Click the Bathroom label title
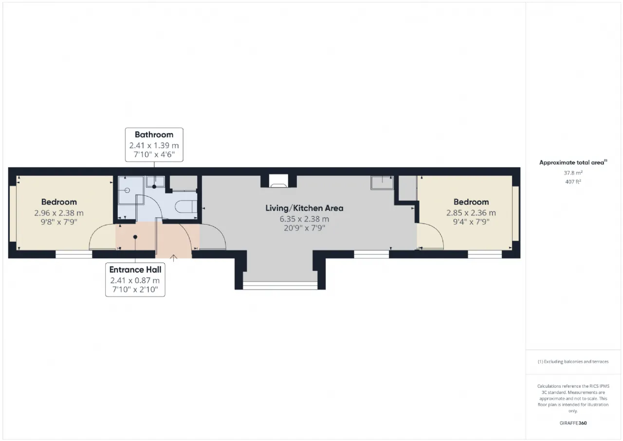[154, 135]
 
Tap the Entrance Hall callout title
[135, 269]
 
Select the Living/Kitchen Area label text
[304, 208]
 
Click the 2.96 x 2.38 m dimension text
[59, 213]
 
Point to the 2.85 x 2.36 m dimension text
[471, 213]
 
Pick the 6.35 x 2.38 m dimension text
[304, 219]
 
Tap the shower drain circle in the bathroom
[127, 191]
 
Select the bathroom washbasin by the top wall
[155, 182]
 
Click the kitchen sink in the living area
[382, 183]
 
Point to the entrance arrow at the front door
[174, 258]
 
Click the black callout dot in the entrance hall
[135, 237]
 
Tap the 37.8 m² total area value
[573, 173]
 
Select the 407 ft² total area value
[573, 182]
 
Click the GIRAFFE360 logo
[573, 423]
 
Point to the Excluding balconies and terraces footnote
[573, 362]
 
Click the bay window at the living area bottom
[280, 286]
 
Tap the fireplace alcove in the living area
[278, 181]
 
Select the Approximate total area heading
[573, 163]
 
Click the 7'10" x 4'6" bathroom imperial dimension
[154, 154]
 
